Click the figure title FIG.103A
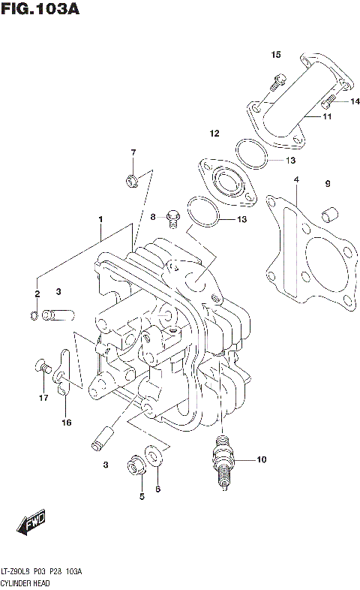pos(39,10)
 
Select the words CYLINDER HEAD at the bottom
pos(28,582)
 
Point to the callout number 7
pos(133,152)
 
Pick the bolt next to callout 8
pos(172,218)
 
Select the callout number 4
pos(296,180)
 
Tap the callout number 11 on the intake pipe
pos(328,117)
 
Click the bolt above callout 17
pos(43,368)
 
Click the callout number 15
pos(276,55)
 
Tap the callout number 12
pos(214,134)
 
